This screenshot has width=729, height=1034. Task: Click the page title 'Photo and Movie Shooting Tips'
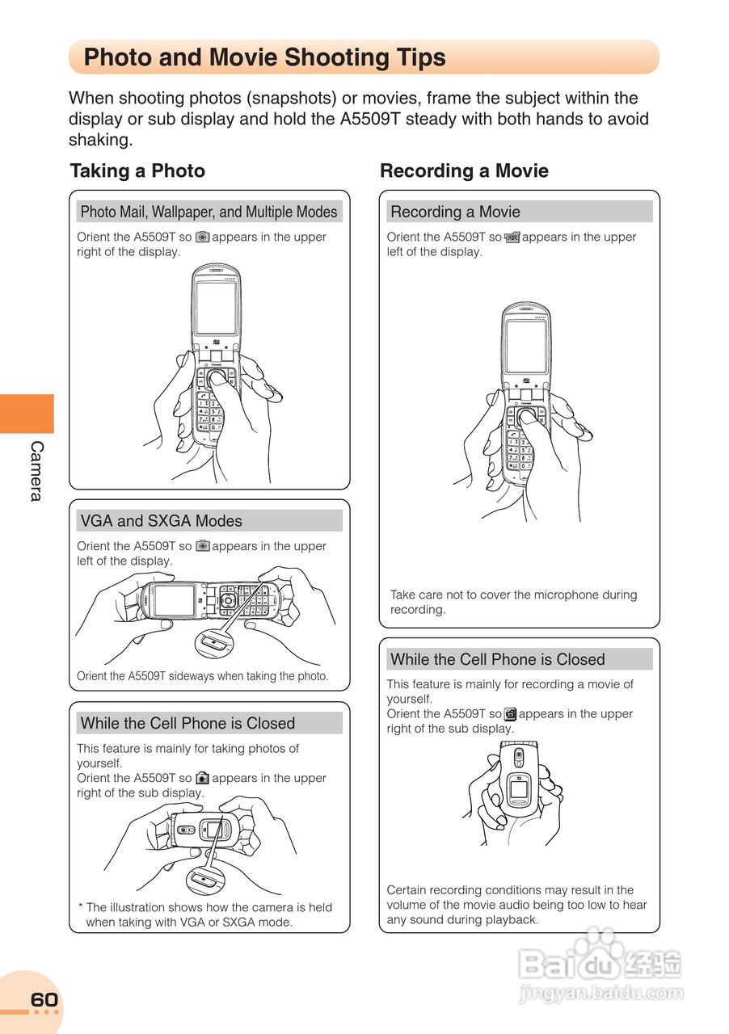tap(264, 57)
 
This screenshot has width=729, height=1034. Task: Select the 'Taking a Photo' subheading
tap(137, 170)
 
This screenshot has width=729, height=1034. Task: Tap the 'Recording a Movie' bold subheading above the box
tap(464, 170)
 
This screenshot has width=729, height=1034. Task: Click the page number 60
tap(44, 1000)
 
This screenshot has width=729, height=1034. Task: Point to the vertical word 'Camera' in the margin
tap(36, 471)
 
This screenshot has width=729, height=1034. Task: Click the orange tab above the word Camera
tap(27, 414)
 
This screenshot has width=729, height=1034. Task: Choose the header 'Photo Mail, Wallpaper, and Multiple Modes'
tap(209, 212)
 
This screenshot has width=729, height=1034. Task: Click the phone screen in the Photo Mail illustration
tap(216, 308)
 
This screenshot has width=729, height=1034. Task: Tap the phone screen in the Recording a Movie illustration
tap(526, 347)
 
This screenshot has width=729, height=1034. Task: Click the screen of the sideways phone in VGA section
tap(175, 600)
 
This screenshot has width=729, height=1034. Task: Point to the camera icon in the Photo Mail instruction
tap(203, 237)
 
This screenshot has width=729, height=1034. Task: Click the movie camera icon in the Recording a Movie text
tap(512, 237)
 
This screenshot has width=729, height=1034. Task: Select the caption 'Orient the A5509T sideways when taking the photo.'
tap(203, 676)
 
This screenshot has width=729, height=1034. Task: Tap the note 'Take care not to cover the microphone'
tap(513, 602)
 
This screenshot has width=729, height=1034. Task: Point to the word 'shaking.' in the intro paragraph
tap(100, 140)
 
